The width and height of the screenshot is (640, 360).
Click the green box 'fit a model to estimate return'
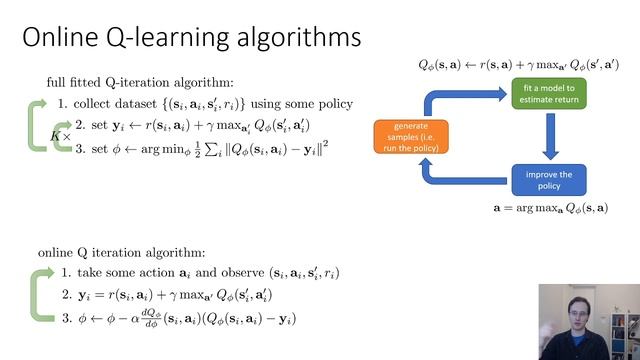(549, 95)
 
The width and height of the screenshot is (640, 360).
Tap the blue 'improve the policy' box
(549, 181)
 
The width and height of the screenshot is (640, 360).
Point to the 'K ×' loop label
(59, 135)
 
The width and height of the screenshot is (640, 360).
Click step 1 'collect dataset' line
(205, 104)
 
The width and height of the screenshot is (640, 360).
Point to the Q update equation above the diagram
(519, 65)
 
